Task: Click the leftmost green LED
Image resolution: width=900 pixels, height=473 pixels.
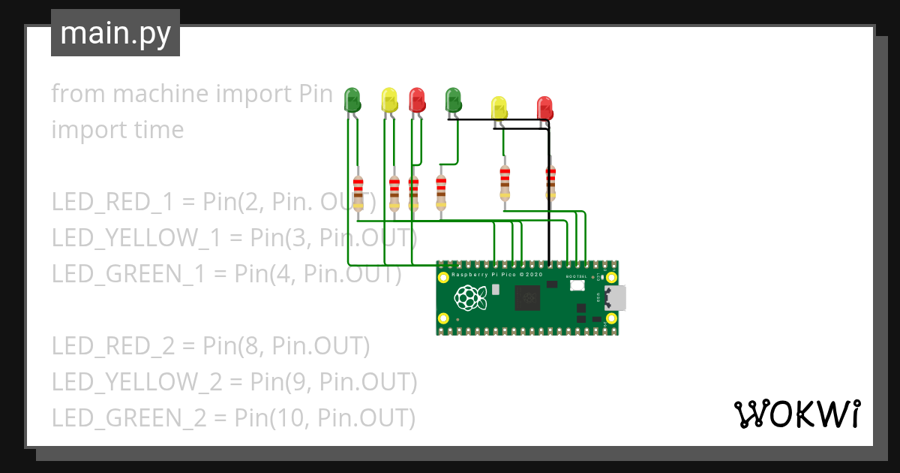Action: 352,100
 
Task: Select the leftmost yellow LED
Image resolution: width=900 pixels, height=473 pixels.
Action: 389,100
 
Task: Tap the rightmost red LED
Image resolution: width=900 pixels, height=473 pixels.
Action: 544,108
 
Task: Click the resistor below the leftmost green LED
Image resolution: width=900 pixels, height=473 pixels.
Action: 358,192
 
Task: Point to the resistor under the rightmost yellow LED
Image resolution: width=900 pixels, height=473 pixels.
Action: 505,183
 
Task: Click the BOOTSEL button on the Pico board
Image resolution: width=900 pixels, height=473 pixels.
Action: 577,285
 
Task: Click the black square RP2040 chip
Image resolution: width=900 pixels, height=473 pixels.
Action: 527,300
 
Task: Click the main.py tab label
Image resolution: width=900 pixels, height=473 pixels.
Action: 115,33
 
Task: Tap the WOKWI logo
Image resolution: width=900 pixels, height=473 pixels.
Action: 796,414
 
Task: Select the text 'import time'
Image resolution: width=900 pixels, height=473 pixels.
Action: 118,129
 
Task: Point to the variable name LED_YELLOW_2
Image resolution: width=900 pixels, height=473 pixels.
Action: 137,382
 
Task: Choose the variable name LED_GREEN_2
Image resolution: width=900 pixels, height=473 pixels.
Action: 128,417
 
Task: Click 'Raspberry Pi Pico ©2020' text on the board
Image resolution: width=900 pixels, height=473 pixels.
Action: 497,275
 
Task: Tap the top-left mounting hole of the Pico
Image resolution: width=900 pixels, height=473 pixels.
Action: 443,276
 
